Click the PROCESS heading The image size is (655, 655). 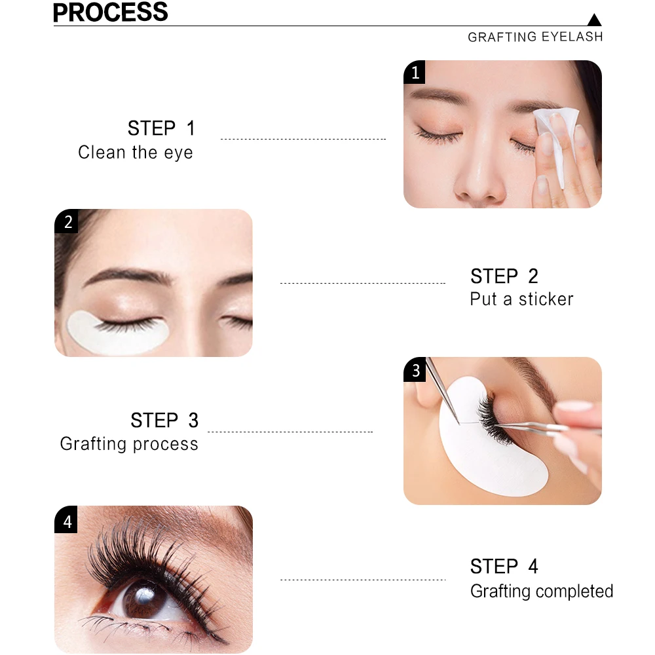[110, 12]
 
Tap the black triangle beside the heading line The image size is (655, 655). [594, 20]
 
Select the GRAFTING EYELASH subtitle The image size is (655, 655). [535, 37]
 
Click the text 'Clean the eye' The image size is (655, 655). [136, 153]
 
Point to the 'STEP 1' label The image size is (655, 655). [161, 128]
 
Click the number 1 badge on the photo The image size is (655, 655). [415, 72]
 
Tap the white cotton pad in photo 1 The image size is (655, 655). [557, 138]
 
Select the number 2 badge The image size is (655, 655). [66, 221]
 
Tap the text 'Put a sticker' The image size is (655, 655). [521, 299]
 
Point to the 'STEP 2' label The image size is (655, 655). [504, 276]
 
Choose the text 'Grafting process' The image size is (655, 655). [129, 443]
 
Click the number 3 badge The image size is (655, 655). [415, 369]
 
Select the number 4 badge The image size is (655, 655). [66, 520]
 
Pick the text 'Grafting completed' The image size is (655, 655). [542, 591]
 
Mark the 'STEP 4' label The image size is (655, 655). [504, 567]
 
